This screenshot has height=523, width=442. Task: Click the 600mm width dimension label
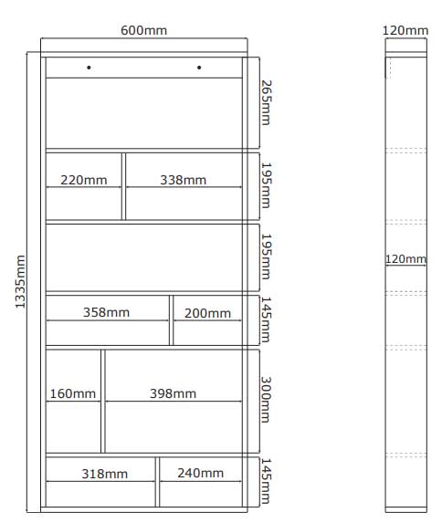[144, 30]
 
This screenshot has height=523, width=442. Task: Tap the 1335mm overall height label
[20, 282]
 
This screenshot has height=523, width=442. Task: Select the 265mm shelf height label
[266, 102]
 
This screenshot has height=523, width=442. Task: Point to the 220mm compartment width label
[84, 180]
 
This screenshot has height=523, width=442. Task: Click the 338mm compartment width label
[184, 180]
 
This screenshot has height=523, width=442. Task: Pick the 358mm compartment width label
[106, 312]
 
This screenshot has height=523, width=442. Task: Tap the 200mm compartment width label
[207, 313]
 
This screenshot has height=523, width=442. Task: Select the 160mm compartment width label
[73, 393]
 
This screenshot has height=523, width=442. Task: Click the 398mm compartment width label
[173, 393]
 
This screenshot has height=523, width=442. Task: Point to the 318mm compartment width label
[105, 474]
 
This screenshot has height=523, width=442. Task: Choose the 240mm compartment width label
[201, 473]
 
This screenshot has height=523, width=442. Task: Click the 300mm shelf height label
[266, 400]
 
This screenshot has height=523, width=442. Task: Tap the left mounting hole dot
[89, 68]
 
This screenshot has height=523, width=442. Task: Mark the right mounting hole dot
[199, 68]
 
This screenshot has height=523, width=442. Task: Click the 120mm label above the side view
[405, 30]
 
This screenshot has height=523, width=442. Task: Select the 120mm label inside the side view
[405, 259]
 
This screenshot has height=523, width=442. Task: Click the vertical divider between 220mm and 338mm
[124, 186]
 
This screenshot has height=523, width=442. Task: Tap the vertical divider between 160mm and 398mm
[103, 402]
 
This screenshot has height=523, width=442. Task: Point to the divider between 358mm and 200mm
[172, 320]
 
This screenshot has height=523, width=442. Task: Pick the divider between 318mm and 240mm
[157, 482]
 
